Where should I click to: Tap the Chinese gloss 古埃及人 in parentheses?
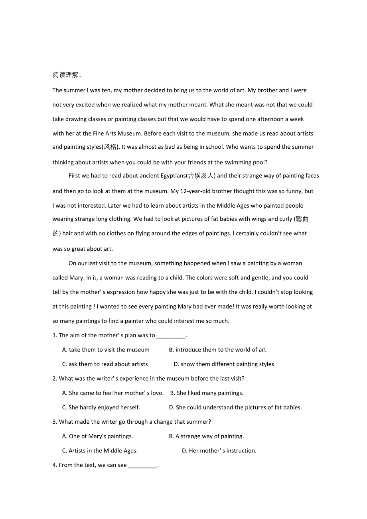pyautogui.click(x=201, y=176)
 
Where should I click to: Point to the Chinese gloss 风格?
pyautogui.click(x=110, y=147)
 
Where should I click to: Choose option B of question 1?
pyautogui.click(x=217, y=350)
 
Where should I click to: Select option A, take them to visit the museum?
pyautogui.click(x=106, y=350)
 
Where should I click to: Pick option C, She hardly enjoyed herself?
pyautogui.click(x=101, y=407)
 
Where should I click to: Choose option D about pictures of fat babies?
pyautogui.click(x=235, y=407)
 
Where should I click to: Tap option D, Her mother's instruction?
pyautogui.click(x=219, y=451)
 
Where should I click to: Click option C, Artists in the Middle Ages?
pyautogui.click(x=100, y=451)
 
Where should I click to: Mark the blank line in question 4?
pyautogui.click(x=142, y=466)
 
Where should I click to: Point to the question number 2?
pyautogui.click(x=55, y=379)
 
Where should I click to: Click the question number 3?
pyautogui.click(x=55, y=422)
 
